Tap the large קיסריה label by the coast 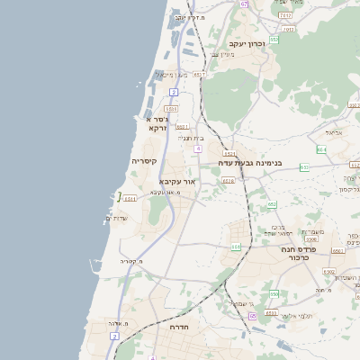(144, 161)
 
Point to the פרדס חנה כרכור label (287, 253)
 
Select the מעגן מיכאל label (170, 75)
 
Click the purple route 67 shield (244, 4)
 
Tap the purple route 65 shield (253, 316)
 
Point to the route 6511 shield (130, 198)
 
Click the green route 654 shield (321, 149)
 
